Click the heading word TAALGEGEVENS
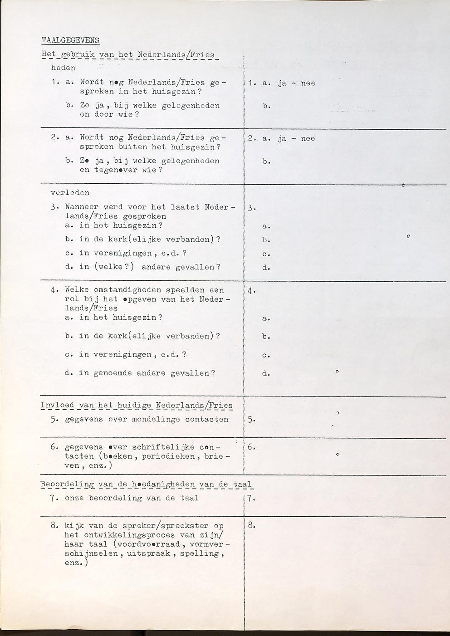[70, 40]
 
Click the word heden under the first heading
[63, 68]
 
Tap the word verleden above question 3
[70, 193]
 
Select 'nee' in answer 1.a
[308, 83]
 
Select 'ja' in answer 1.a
[282, 83]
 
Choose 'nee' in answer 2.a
[308, 139]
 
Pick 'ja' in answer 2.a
[282, 139]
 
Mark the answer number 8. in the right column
[252, 526]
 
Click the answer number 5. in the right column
[252, 420]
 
